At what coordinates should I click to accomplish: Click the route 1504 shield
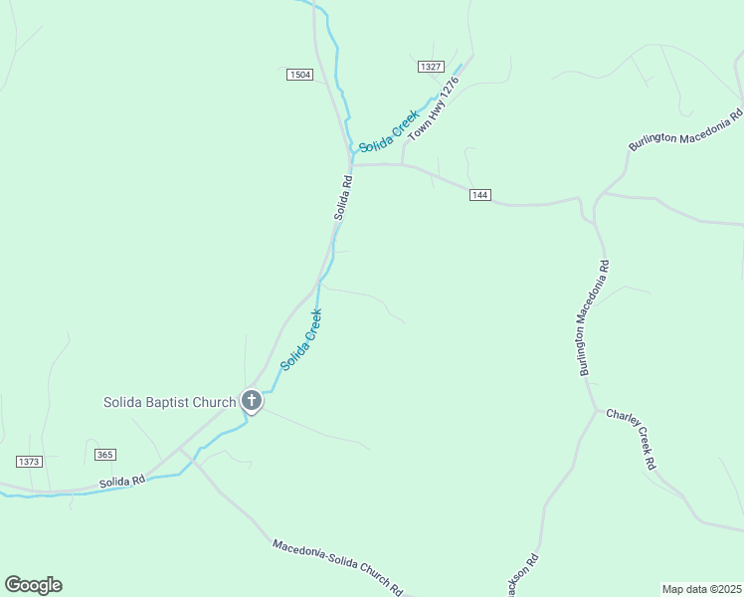(x=299, y=75)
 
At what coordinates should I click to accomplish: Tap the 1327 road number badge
(x=430, y=66)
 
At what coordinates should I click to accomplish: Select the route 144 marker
(x=480, y=195)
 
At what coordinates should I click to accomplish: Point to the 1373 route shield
(x=30, y=461)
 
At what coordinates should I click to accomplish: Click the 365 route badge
(x=105, y=455)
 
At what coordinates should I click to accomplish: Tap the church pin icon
(x=252, y=401)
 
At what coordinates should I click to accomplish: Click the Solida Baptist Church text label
(x=169, y=402)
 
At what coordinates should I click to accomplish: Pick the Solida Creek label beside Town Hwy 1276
(x=389, y=130)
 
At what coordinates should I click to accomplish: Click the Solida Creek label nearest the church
(x=301, y=340)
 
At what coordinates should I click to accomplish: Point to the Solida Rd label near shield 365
(x=122, y=481)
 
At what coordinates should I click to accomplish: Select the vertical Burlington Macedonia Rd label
(x=594, y=318)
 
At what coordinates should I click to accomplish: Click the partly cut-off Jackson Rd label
(x=523, y=575)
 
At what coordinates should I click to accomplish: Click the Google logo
(x=33, y=585)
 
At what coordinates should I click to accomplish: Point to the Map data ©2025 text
(x=701, y=589)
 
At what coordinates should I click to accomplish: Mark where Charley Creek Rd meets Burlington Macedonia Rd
(x=596, y=409)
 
